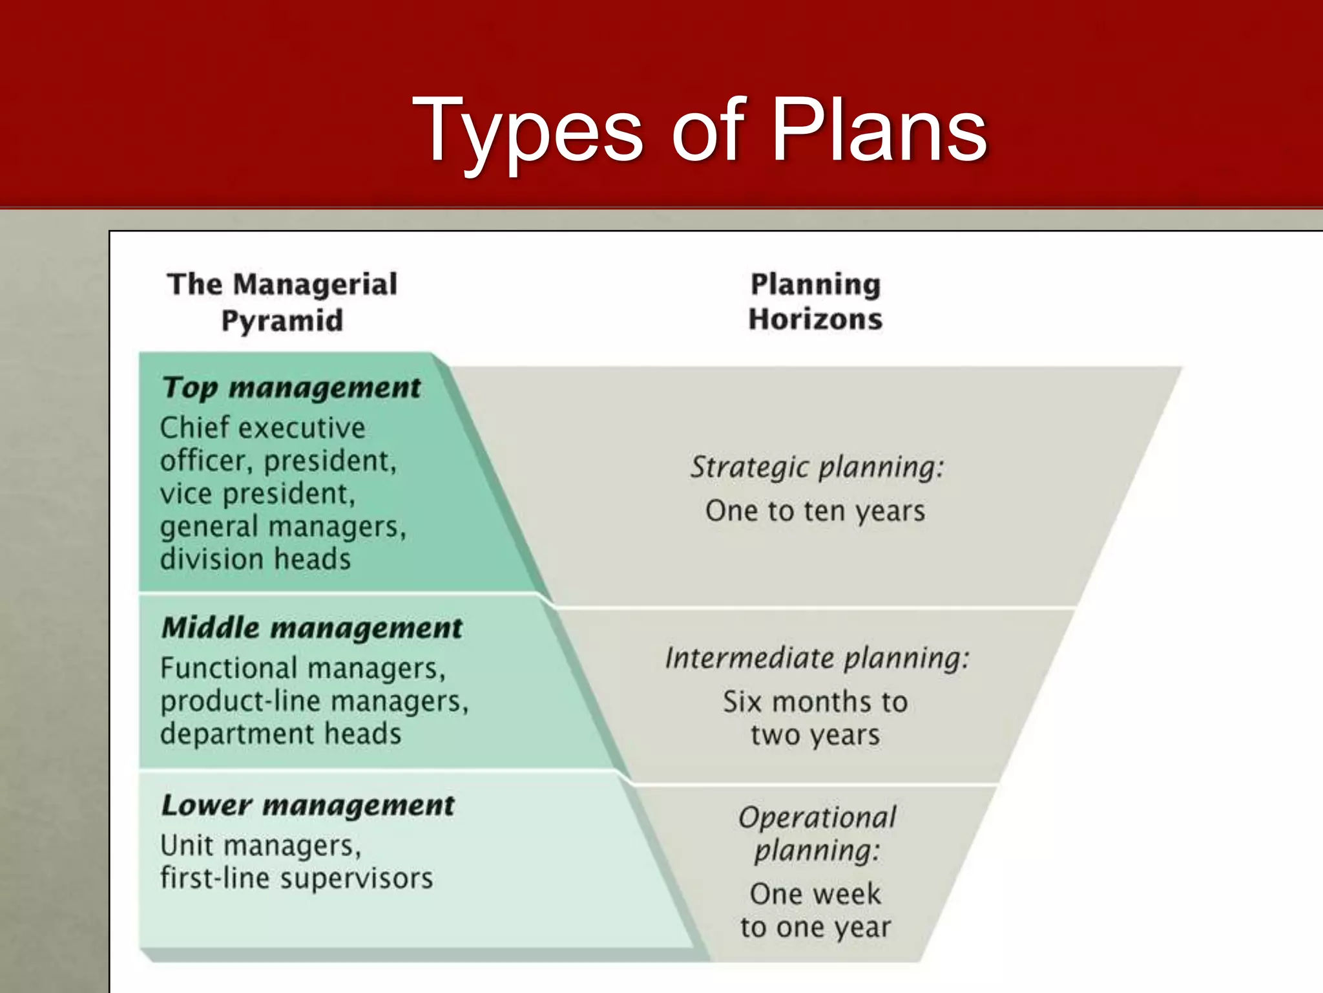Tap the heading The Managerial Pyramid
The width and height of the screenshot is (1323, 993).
[x=282, y=302]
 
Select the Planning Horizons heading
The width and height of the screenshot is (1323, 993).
[x=815, y=301]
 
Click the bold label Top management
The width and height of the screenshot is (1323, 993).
[x=291, y=388]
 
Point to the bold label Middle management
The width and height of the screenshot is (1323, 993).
[x=312, y=628]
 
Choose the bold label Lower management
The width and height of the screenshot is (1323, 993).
[x=308, y=805]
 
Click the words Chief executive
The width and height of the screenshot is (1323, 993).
[x=262, y=428]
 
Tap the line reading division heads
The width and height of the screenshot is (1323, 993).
[x=255, y=559]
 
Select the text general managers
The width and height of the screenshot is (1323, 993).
[x=283, y=526]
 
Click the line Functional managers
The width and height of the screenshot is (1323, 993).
[x=302, y=668]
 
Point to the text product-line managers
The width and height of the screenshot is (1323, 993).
[x=314, y=701]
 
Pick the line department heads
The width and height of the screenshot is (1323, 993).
[x=280, y=734]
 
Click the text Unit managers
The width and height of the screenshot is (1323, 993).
[x=260, y=846]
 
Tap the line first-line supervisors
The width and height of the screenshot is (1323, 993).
[x=297, y=879]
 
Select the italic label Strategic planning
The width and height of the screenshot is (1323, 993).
[x=817, y=467]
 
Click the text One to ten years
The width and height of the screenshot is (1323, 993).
[x=815, y=511]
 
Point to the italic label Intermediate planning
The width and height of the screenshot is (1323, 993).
[x=817, y=658]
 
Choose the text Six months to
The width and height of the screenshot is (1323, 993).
[x=815, y=702]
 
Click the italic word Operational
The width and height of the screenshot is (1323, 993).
[x=817, y=817]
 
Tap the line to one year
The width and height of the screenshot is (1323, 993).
[x=815, y=927]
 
